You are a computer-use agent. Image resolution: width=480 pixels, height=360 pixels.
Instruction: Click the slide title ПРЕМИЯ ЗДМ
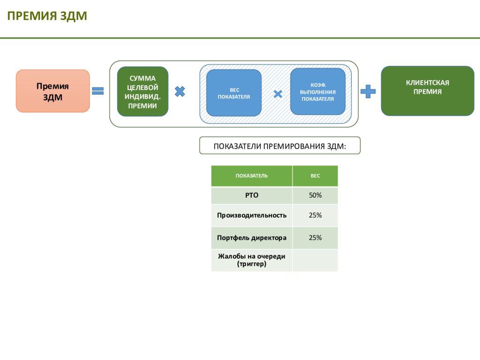[47, 16]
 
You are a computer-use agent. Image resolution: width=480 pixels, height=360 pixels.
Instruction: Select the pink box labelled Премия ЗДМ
[52, 91]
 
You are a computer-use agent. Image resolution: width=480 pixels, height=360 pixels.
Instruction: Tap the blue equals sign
[98, 91]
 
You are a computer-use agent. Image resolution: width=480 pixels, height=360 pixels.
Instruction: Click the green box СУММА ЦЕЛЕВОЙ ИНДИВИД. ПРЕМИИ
[142, 91]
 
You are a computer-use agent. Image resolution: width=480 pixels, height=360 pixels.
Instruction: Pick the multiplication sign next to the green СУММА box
[180, 91]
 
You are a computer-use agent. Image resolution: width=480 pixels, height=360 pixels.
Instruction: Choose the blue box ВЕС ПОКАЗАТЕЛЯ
[234, 93]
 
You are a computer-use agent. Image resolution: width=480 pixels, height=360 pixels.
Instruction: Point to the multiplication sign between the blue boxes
[277, 94]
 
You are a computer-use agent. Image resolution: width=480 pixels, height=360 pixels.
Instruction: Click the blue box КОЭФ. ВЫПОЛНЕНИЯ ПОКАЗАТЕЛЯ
[318, 91]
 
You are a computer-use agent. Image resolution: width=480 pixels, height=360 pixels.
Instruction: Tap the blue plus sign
[368, 91]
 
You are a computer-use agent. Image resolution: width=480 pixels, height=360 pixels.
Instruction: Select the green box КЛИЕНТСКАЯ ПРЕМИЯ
[427, 91]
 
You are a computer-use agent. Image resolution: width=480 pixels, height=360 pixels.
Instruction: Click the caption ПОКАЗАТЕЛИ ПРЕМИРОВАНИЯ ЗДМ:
[280, 146]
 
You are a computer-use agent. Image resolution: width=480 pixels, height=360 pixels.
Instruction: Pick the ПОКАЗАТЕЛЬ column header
[252, 176]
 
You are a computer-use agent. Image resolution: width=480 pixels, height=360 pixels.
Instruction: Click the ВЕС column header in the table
[315, 176]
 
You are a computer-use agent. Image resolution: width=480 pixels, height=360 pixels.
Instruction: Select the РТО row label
[252, 195]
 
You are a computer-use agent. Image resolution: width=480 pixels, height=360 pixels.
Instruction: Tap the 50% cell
[315, 195]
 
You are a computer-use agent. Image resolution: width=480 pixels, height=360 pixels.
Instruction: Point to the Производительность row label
[252, 215]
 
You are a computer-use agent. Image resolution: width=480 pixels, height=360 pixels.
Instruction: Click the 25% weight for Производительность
[315, 215]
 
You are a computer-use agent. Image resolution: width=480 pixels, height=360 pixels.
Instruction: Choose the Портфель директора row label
[252, 238]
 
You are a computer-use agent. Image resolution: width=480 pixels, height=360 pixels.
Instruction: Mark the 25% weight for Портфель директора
[315, 238]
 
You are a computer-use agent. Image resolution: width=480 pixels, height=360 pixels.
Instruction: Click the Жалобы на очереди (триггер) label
[252, 260]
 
